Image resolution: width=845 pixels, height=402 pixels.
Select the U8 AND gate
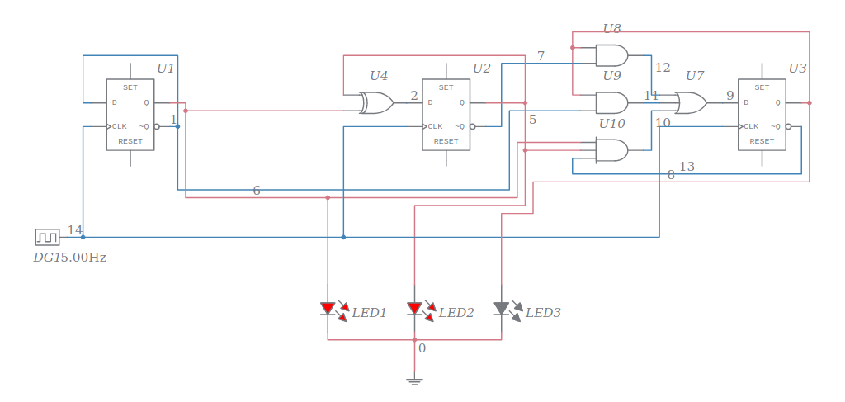point(611,55)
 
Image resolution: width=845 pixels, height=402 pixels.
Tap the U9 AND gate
point(611,103)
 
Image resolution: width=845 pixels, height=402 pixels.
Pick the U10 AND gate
point(611,150)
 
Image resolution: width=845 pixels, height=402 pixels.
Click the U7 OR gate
point(690,103)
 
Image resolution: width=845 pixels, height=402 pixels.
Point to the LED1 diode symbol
point(328,309)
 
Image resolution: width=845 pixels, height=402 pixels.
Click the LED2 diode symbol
point(415,309)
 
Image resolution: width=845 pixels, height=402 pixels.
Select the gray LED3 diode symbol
point(502,309)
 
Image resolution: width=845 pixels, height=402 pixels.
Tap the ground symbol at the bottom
point(415,381)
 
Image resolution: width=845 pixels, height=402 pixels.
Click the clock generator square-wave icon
point(47,238)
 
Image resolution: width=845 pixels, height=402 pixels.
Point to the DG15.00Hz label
point(69,258)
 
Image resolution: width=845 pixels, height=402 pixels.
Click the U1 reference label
point(166,68)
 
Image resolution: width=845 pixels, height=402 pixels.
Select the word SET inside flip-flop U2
point(446,87)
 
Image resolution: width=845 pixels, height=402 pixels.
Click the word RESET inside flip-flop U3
point(761,141)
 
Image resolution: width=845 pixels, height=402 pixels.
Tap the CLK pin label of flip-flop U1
point(120,126)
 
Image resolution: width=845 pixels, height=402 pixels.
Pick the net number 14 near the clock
point(75,230)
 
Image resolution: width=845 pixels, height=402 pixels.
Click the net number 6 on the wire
point(257,191)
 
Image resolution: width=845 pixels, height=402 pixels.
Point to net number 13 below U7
point(687,167)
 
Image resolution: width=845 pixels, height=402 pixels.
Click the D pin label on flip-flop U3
point(746,103)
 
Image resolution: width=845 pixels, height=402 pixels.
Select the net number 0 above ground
point(422,348)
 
